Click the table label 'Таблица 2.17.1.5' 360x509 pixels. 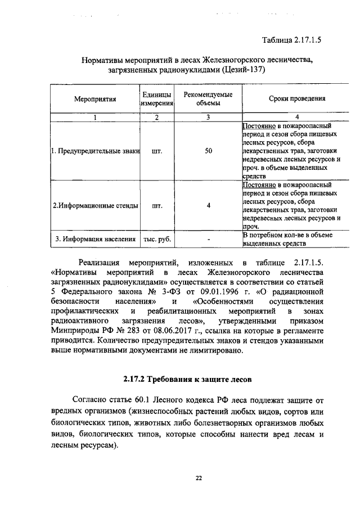tap(295, 39)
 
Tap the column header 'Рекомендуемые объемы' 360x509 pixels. tap(208, 99)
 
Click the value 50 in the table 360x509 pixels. tap(208, 151)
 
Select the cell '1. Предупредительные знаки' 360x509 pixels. tap(94, 151)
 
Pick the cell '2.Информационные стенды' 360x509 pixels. tap(94, 205)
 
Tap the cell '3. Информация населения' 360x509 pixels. tap(94, 239)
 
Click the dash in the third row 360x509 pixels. tap(208, 239)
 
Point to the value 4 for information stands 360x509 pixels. tap(208, 205)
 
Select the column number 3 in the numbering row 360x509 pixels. tap(208, 117)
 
